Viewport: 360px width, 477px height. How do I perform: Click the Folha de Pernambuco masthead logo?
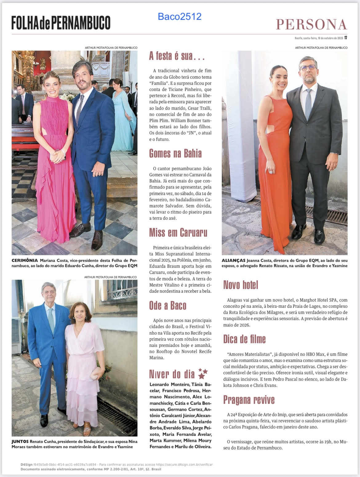61,22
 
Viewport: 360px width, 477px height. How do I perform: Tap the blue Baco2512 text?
180,16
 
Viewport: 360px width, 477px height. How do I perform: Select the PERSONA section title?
311,24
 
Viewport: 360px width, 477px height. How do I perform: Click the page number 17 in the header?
346,38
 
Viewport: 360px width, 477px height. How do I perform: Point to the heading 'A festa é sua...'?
177,56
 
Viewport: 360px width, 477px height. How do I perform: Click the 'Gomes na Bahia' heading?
175,153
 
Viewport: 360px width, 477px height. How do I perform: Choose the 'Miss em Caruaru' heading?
178,232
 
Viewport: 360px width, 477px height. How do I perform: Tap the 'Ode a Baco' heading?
168,305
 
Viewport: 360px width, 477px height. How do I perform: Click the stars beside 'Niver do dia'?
202,373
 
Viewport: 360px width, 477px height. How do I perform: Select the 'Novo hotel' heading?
241,285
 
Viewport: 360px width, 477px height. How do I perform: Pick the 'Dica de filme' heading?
244,339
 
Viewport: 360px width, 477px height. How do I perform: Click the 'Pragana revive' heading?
249,400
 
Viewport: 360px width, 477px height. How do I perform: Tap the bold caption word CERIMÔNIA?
25,260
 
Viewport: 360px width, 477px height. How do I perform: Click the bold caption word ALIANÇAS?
234,260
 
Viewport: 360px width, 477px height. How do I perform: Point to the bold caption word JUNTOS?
20,441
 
